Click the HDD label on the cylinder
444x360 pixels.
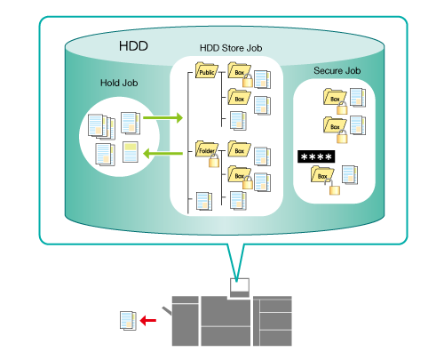tap(133, 46)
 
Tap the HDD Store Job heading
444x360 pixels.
tap(231, 48)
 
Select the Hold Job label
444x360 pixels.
tap(119, 83)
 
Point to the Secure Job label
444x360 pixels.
tap(337, 71)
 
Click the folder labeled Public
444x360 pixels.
tap(207, 70)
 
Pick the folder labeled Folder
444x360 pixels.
tap(207, 149)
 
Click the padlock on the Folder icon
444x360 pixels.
tap(214, 161)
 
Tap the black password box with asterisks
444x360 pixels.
tap(316, 156)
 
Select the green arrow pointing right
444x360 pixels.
tap(163, 117)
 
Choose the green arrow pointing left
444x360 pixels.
tap(163, 154)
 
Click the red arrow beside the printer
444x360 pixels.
tap(147, 320)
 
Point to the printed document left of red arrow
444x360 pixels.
tap(128, 321)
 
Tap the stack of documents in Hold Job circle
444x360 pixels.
tap(101, 127)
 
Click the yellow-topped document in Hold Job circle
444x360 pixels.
tap(131, 152)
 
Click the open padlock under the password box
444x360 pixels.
tap(333, 188)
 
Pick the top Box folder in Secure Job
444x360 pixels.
tap(335, 97)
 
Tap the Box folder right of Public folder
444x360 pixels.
tap(239, 70)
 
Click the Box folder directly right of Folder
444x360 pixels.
tap(239, 148)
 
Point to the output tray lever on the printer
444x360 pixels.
tap(167, 311)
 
